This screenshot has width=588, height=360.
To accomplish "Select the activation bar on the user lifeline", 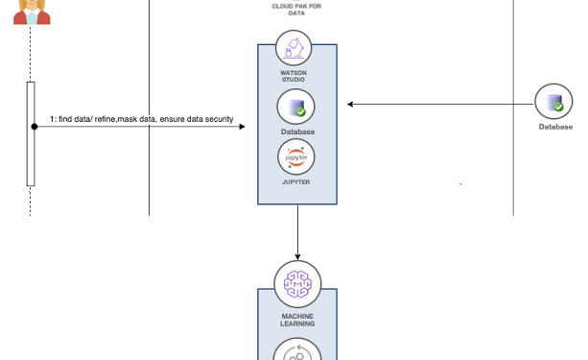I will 31,133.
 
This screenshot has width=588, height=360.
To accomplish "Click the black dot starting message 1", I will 35,126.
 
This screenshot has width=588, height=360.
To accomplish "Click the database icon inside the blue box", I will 296,106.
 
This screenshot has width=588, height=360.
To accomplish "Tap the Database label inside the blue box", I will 296,132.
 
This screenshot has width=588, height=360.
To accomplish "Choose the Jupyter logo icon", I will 296,156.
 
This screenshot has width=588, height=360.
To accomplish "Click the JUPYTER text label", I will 296,180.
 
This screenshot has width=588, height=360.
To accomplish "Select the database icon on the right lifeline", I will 554,102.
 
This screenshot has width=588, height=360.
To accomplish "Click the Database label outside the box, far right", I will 554,127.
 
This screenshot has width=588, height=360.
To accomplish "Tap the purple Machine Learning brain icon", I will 296,284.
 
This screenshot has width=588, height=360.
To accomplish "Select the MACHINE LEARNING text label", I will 296,319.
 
